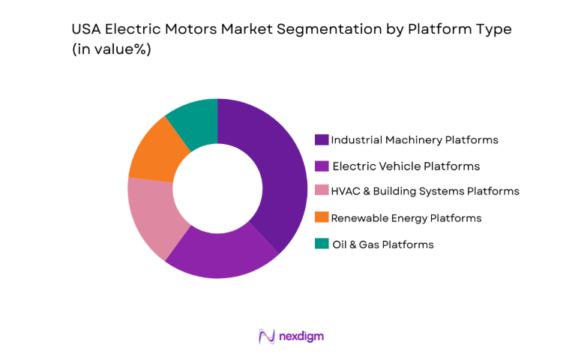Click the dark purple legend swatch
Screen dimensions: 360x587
[322, 139]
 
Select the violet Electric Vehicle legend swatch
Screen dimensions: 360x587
[322, 166]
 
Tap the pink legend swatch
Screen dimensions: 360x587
[322, 191]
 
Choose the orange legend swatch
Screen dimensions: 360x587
[322, 217]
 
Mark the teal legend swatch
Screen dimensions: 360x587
[322, 244]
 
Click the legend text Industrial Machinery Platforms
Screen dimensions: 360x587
[415, 139]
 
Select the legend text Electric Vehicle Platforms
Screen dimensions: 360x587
[406, 166]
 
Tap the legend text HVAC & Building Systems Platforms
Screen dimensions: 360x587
[425, 191]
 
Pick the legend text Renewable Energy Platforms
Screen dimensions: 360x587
[406, 217]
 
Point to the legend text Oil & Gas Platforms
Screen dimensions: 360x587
[383, 244]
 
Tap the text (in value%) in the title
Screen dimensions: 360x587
[112, 49]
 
